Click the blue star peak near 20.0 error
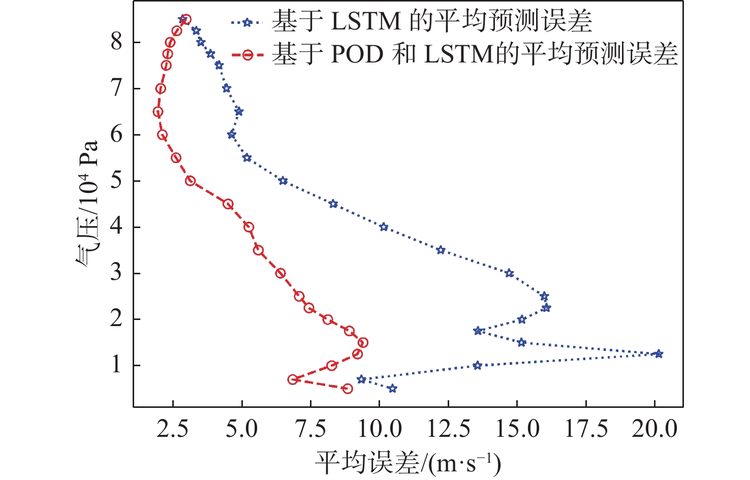[659, 354]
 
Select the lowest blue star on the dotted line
[392, 389]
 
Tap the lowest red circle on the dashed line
[348, 389]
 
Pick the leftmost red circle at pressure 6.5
[158, 112]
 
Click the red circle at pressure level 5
[191, 181]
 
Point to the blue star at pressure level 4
[384, 227]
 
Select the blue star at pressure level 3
[509, 273]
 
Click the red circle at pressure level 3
[280, 273]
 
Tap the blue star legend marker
[247, 22]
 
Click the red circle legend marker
[247, 55]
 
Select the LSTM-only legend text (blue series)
[432, 22]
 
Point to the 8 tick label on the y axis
[117, 42]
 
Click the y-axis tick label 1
[117, 365]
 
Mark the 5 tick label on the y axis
[117, 181]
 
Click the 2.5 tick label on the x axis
[173, 429]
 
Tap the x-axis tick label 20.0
[654, 429]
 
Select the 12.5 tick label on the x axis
[448, 429]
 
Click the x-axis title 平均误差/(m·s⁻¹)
[408, 462]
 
